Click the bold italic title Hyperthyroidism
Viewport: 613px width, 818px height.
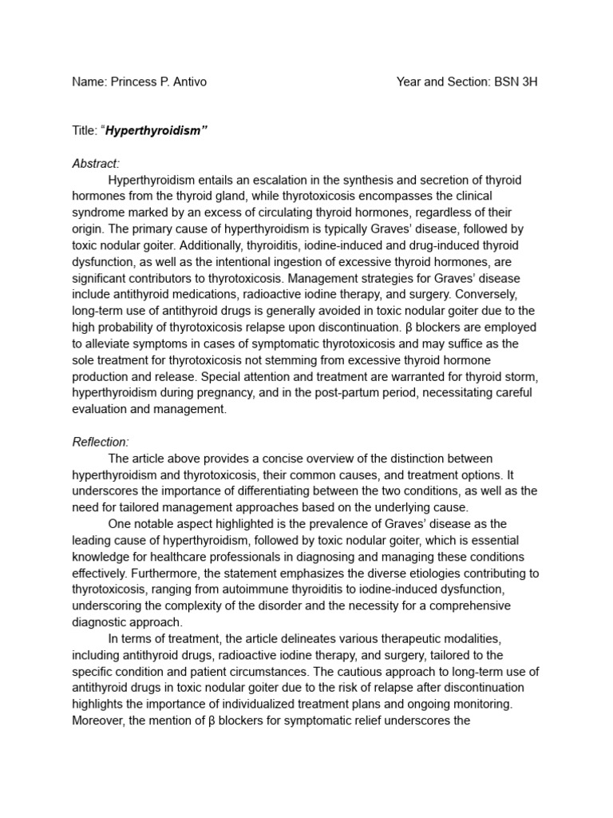(x=152, y=131)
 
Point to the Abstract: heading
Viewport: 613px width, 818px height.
(x=96, y=164)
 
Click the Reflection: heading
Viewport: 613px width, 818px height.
(x=101, y=442)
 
